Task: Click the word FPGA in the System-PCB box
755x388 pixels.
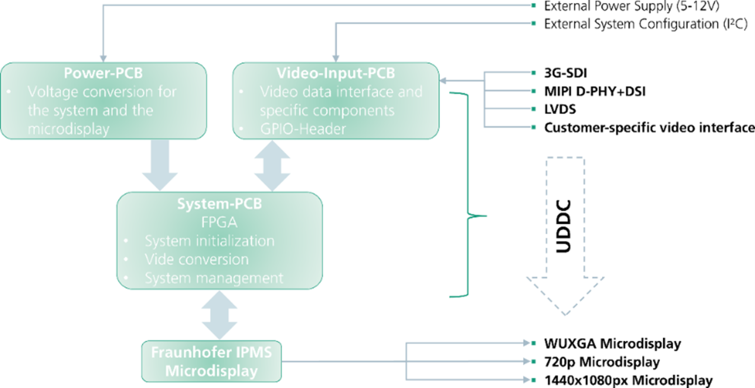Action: (x=219, y=222)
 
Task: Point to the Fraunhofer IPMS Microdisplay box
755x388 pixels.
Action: (x=212, y=361)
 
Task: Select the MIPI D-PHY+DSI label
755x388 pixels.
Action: (x=595, y=91)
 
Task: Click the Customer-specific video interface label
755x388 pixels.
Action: (x=649, y=127)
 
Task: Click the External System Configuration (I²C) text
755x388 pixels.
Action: (x=645, y=24)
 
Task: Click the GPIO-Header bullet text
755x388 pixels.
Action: (x=303, y=129)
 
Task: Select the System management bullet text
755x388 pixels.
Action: (x=214, y=277)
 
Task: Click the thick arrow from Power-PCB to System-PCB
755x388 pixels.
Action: (x=160, y=165)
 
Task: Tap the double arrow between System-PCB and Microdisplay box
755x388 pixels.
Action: (x=219, y=315)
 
